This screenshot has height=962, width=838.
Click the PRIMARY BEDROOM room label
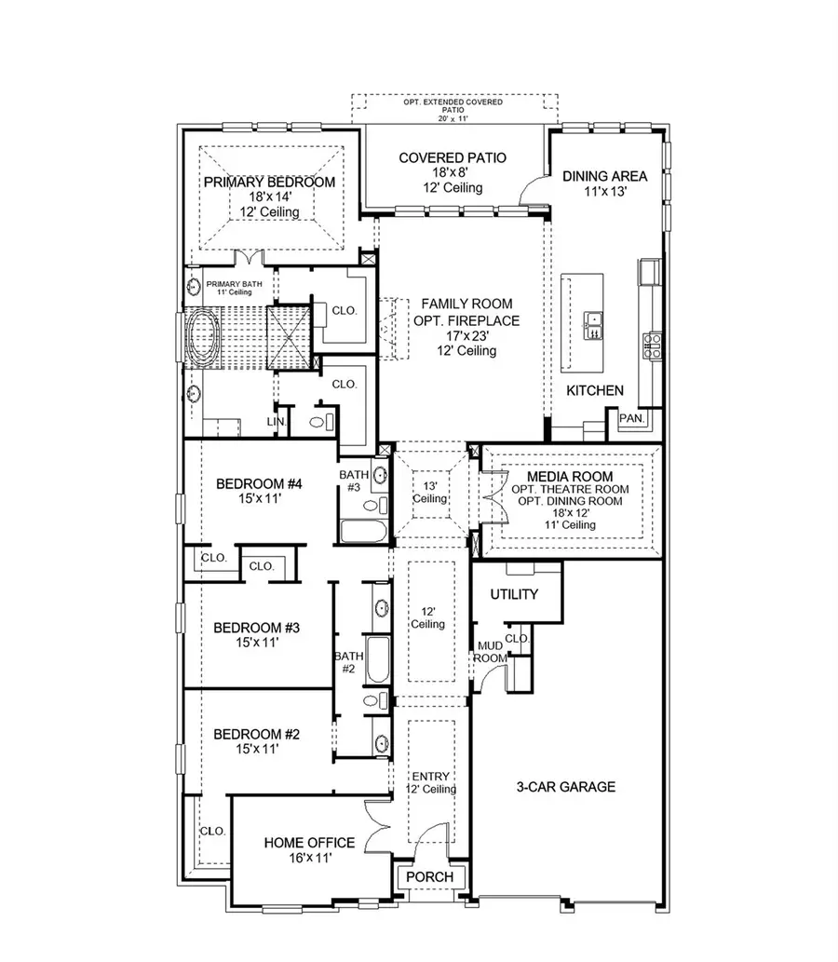click(x=269, y=182)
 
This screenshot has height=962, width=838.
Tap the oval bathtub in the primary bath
click(x=202, y=337)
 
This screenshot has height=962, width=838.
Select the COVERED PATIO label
click(x=453, y=158)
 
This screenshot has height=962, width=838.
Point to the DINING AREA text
click(x=604, y=175)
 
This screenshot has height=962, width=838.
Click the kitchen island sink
click(x=593, y=324)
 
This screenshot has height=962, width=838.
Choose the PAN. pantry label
click(x=632, y=419)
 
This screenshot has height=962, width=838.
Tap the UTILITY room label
click(x=514, y=594)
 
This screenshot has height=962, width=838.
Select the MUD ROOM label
click(x=490, y=651)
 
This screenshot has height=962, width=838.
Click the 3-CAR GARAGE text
click(x=566, y=787)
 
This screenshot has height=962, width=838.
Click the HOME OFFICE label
click(x=297, y=843)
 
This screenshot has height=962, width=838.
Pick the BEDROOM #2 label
click(x=256, y=735)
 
